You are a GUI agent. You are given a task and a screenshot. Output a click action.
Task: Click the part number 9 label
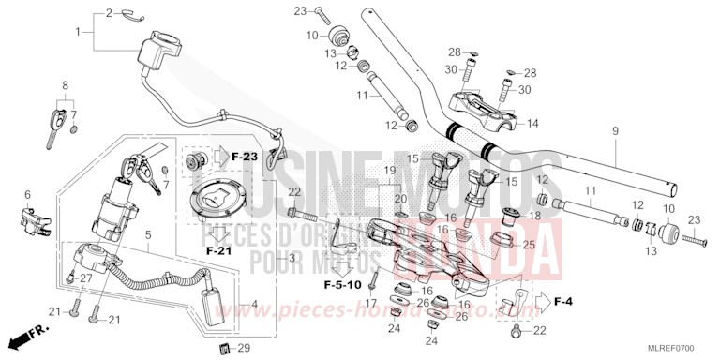pyautogui.click(x=615, y=131)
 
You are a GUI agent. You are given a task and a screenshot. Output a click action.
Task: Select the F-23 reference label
pyautogui.click(x=244, y=157)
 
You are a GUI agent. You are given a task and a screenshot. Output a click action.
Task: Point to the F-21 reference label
pyautogui.click(x=217, y=251)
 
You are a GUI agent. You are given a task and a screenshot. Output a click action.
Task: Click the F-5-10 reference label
pyautogui.click(x=342, y=283)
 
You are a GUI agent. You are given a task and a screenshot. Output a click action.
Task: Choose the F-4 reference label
pyautogui.click(x=562, y=302)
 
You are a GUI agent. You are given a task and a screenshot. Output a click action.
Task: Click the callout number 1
pyautogui.click(x=79, y=33)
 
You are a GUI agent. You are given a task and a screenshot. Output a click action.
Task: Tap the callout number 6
pyautogui.click(x=27, y=194)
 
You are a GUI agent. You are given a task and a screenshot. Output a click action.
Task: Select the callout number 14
pyautogui.click(x=532, y=123)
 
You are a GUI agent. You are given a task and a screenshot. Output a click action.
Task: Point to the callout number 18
pyautogui.click(x=536, y=217)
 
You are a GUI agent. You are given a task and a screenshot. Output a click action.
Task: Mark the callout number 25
pyautogui.click(x=529, y=245)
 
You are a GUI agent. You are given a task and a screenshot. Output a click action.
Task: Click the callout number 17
pyautogui.click(x=371, y=303)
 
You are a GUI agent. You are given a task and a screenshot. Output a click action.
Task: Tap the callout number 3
pyautogui.click(x=292, y=257)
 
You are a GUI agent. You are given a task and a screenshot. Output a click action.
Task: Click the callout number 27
pyautogui.click(x=85, y=277)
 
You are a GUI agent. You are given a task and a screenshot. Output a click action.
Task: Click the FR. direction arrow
pyautogui.click(x=25, y=335)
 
